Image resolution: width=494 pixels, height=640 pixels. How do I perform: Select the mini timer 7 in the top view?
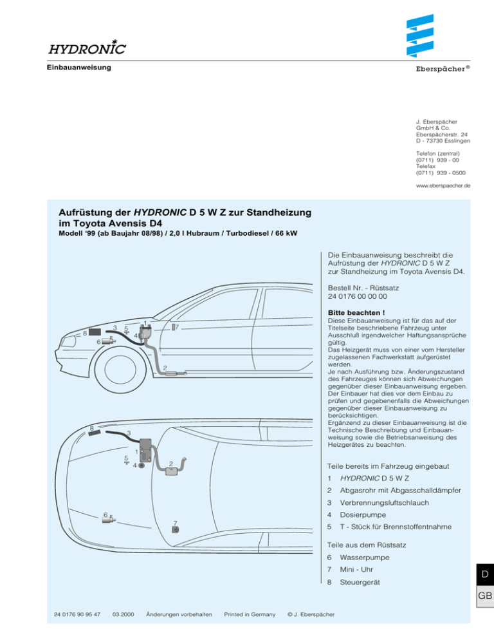(176, 529)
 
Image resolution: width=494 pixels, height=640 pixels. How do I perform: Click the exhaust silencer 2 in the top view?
(172, 471)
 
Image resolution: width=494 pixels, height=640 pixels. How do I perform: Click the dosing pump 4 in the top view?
(141, 466)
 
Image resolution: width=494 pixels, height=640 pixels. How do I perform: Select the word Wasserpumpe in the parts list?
(364, 557)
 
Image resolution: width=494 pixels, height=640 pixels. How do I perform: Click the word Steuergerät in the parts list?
(361, 583)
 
